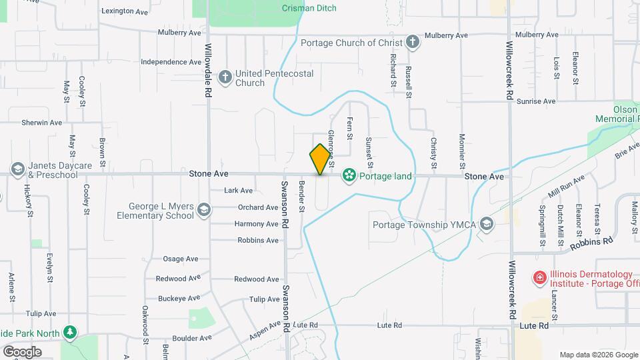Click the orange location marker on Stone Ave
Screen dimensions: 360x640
[321, 159]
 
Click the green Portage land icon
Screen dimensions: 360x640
[348, 176]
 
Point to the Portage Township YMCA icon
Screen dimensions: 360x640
[487, 224]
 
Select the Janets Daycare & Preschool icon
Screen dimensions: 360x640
[17, 169]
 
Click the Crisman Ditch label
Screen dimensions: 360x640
[309, 8]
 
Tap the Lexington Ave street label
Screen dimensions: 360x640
[124, 11]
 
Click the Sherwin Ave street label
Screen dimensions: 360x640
[41, 123]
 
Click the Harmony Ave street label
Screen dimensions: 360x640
[257, 223]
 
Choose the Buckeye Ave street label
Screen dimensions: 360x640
[177, 298]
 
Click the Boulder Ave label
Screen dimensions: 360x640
[191, 338]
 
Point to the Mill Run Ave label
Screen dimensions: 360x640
[567, 185]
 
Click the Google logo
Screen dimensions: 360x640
[22, 351]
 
